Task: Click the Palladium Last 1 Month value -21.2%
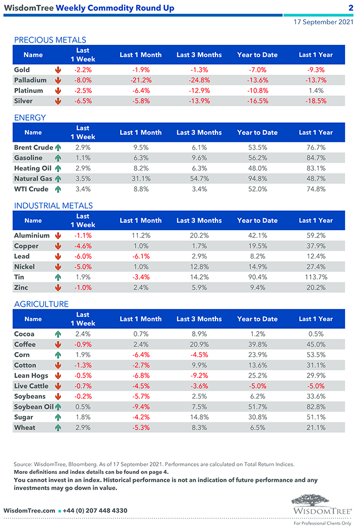coord(140,80)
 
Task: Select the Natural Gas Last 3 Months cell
coord(199,179)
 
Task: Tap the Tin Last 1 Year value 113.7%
coord(316,277)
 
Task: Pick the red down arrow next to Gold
coord(58,70)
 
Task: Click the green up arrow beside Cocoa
coord(58,334)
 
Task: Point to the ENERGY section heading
coord(30,117)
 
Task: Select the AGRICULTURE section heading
coord(42,304)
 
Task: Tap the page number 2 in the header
coord(351,8)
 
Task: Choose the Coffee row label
coord(24,344)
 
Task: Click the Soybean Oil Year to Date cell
coord(257,407)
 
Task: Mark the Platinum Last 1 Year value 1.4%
coord(316,91)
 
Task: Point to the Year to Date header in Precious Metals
coord(257,55)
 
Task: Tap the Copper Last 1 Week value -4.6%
coord(83,246)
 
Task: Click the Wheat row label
coord(24,428)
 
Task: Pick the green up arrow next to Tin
coord(58,277)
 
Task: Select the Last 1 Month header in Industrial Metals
coord(140,220)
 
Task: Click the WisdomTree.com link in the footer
coord(29,510)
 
